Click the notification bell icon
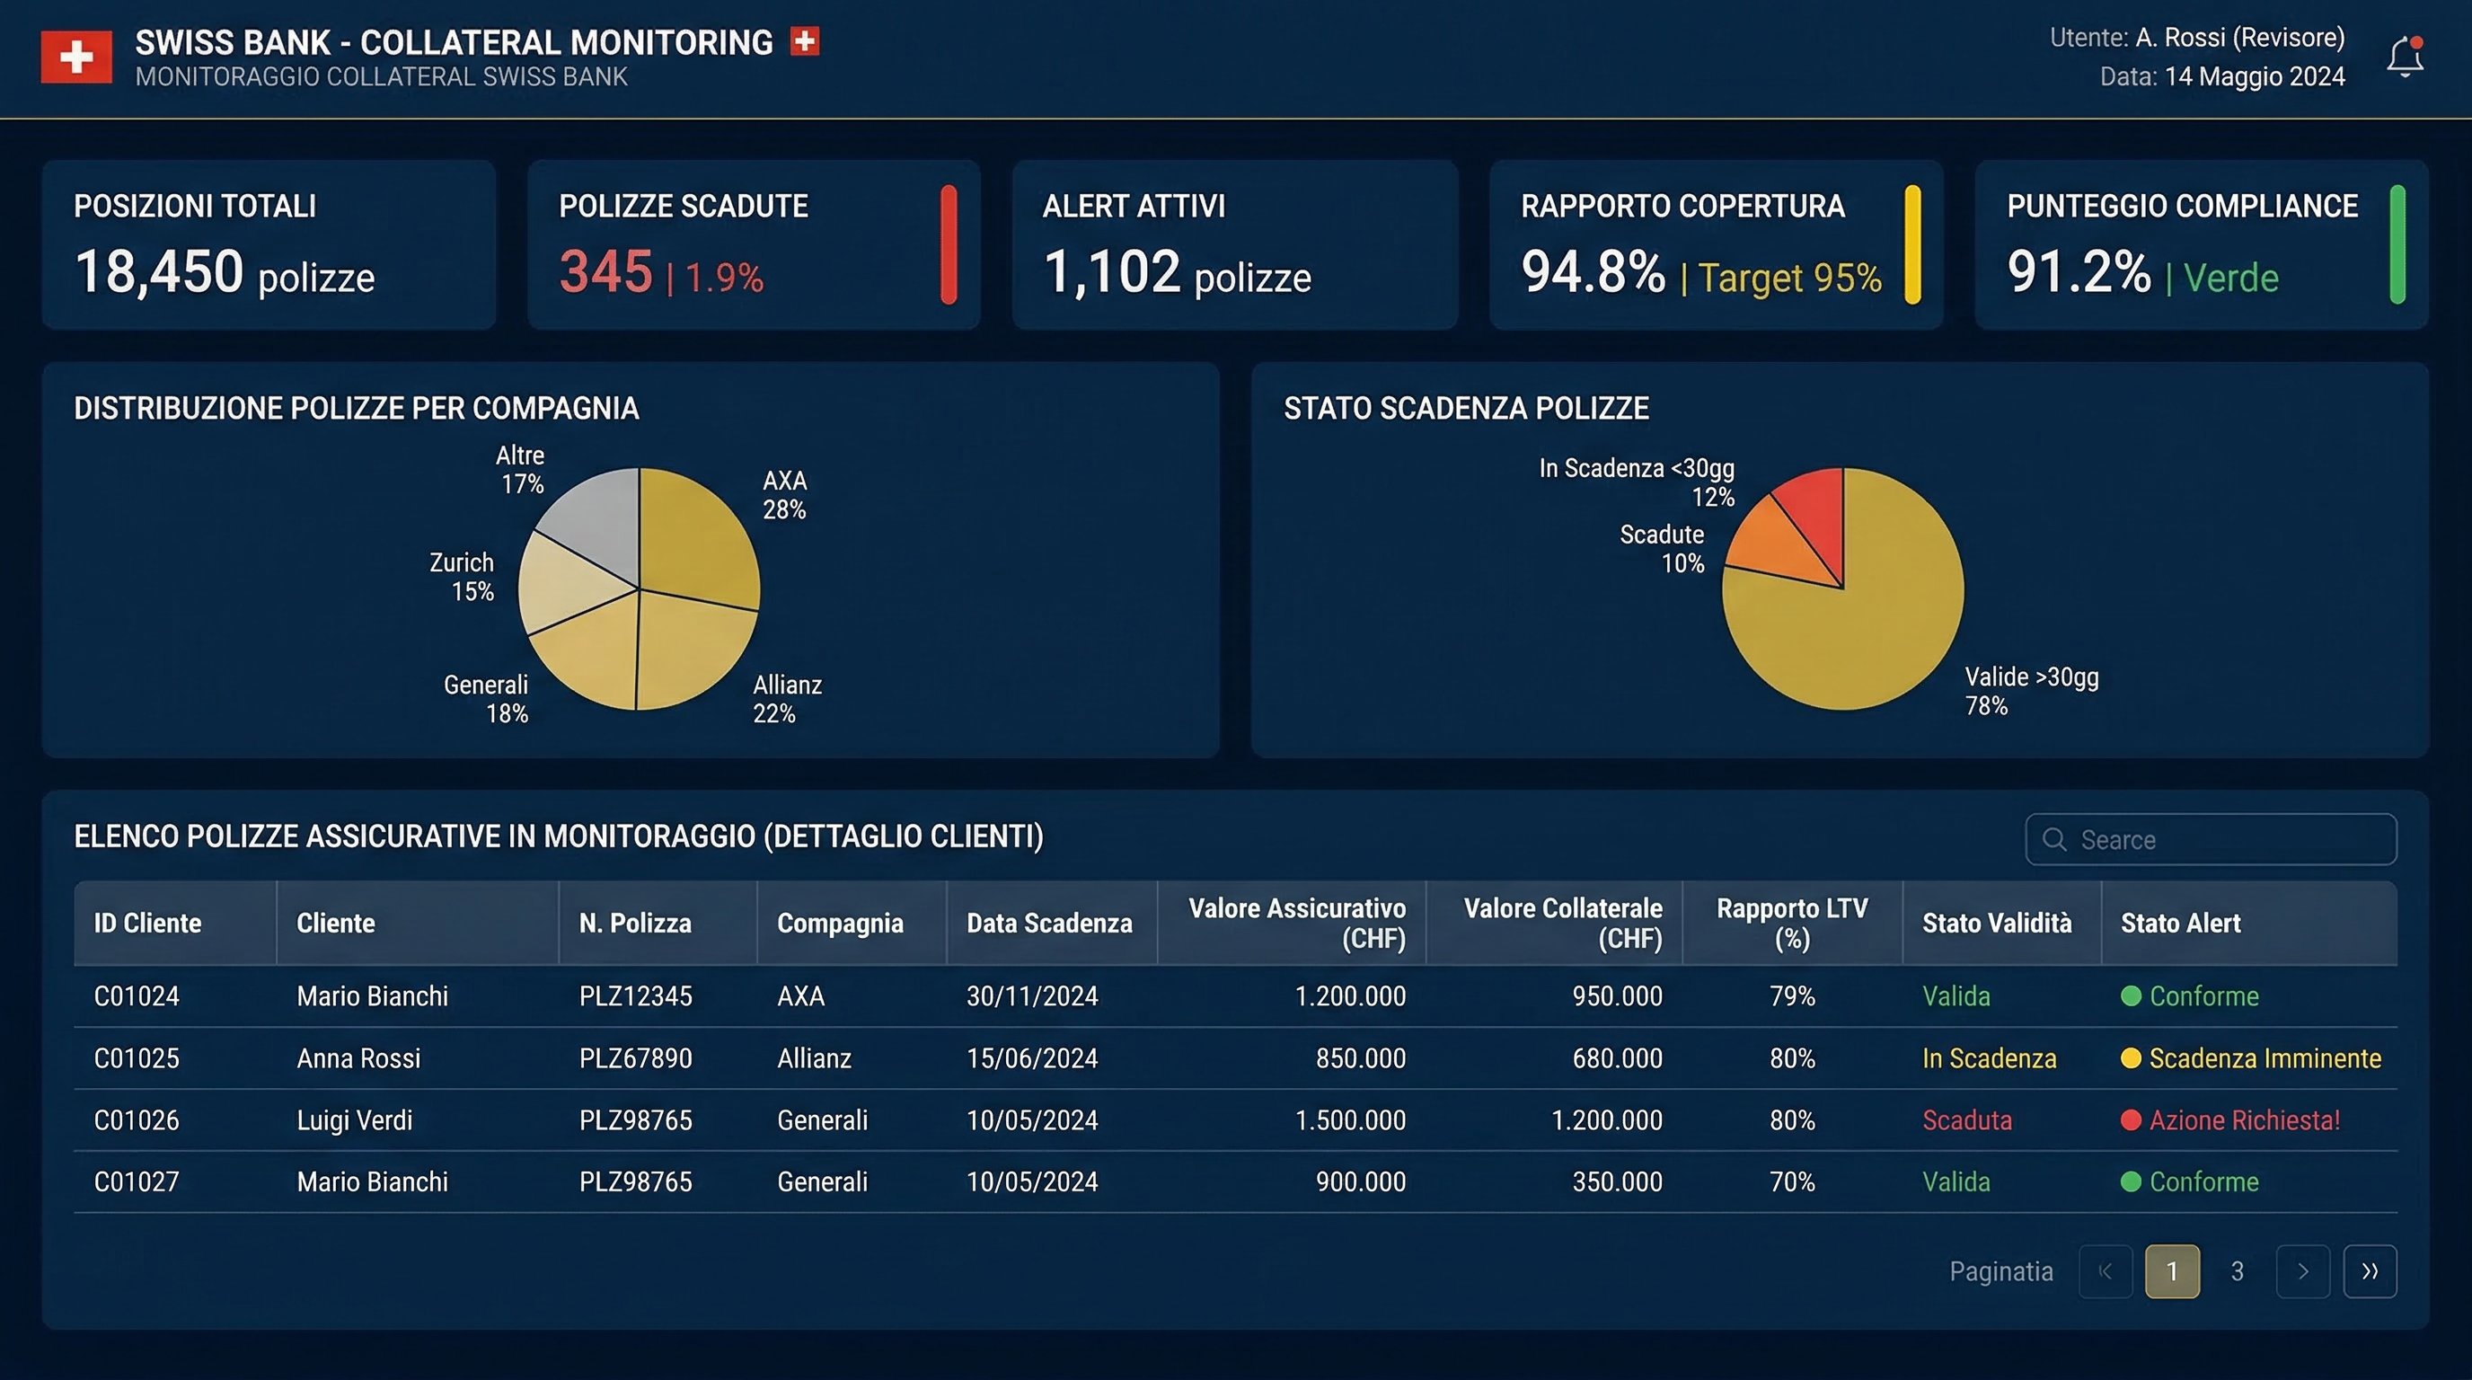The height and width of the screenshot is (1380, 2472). (x=2405, y=57)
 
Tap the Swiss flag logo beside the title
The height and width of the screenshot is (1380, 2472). (x=75, y=57)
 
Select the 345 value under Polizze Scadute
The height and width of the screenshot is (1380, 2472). (x=605, y=271)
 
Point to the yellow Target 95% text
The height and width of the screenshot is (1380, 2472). (x=1789, y=279)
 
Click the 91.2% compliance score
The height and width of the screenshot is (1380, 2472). (x=2079, y=271)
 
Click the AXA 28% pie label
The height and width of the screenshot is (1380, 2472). (x=784, y=495)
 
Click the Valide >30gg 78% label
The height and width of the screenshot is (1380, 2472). (x=2031, y=691)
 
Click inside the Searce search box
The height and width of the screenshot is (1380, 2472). (x=2227, y=840)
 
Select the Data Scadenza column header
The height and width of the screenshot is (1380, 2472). (x=1049, y=924)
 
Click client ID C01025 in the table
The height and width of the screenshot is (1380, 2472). (x=137, y=1057)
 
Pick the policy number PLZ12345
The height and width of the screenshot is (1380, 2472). (x=635, y=996)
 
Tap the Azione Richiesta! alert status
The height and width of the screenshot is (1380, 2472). (x=2244, y=1120)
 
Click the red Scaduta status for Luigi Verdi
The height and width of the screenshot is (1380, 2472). (x=1966, y=1120)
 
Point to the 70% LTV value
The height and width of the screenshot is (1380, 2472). (x=1792, y=1181)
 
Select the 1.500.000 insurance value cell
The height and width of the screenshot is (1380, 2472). (x=1349, y=1120)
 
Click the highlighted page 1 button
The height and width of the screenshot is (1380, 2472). (x=2172, y=1271)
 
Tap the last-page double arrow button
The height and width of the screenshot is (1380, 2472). (x=2370, y=1271)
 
